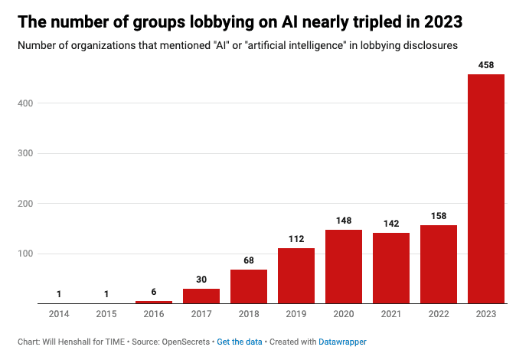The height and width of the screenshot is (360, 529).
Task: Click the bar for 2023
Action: tap(486, 188)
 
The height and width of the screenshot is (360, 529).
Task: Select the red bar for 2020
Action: tap(344, 267)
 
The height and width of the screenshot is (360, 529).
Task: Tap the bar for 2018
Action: tap(249, 286)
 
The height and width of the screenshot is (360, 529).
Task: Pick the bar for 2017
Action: tap(201, 296)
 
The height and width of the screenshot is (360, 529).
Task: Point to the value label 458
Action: tap(486, 65)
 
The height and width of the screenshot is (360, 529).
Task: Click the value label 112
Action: tap(296, 239)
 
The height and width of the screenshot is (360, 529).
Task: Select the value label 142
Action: tap(391, 224)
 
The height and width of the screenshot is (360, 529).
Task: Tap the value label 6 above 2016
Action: tap(154, 292)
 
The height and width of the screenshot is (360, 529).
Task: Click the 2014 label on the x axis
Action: tap(59, 315)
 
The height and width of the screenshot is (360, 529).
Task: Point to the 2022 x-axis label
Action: tap(439, 315)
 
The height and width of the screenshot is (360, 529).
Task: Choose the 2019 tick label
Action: tap(296, 315)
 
